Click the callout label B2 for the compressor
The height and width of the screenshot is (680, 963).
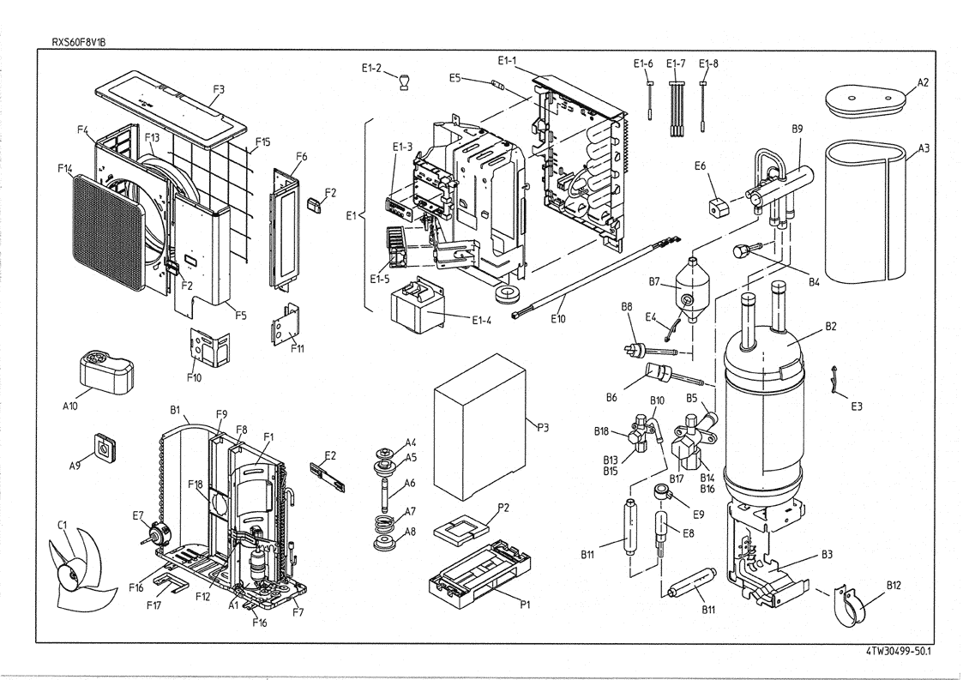[829, 326]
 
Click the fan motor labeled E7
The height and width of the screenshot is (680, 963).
[154, 533]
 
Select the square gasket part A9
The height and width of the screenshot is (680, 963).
[105, 446]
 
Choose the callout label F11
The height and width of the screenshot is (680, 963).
[297, 347]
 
